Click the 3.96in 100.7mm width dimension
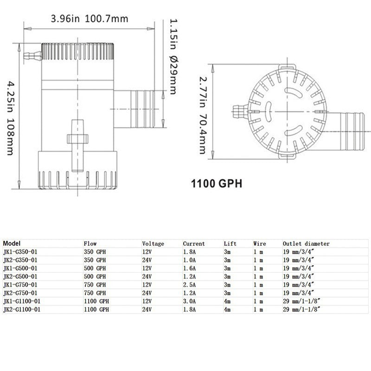(x=89, y=19)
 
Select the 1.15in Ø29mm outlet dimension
(x=172, y=56)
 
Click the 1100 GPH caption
(x=217, y=183)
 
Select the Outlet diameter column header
(x=306, y=243)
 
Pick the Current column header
(x=194, y=243)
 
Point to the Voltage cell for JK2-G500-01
(x=147, y=276)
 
